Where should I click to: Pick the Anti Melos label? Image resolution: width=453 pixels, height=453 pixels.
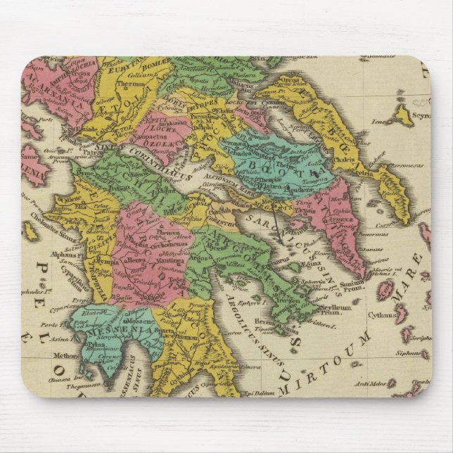[373, 383]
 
